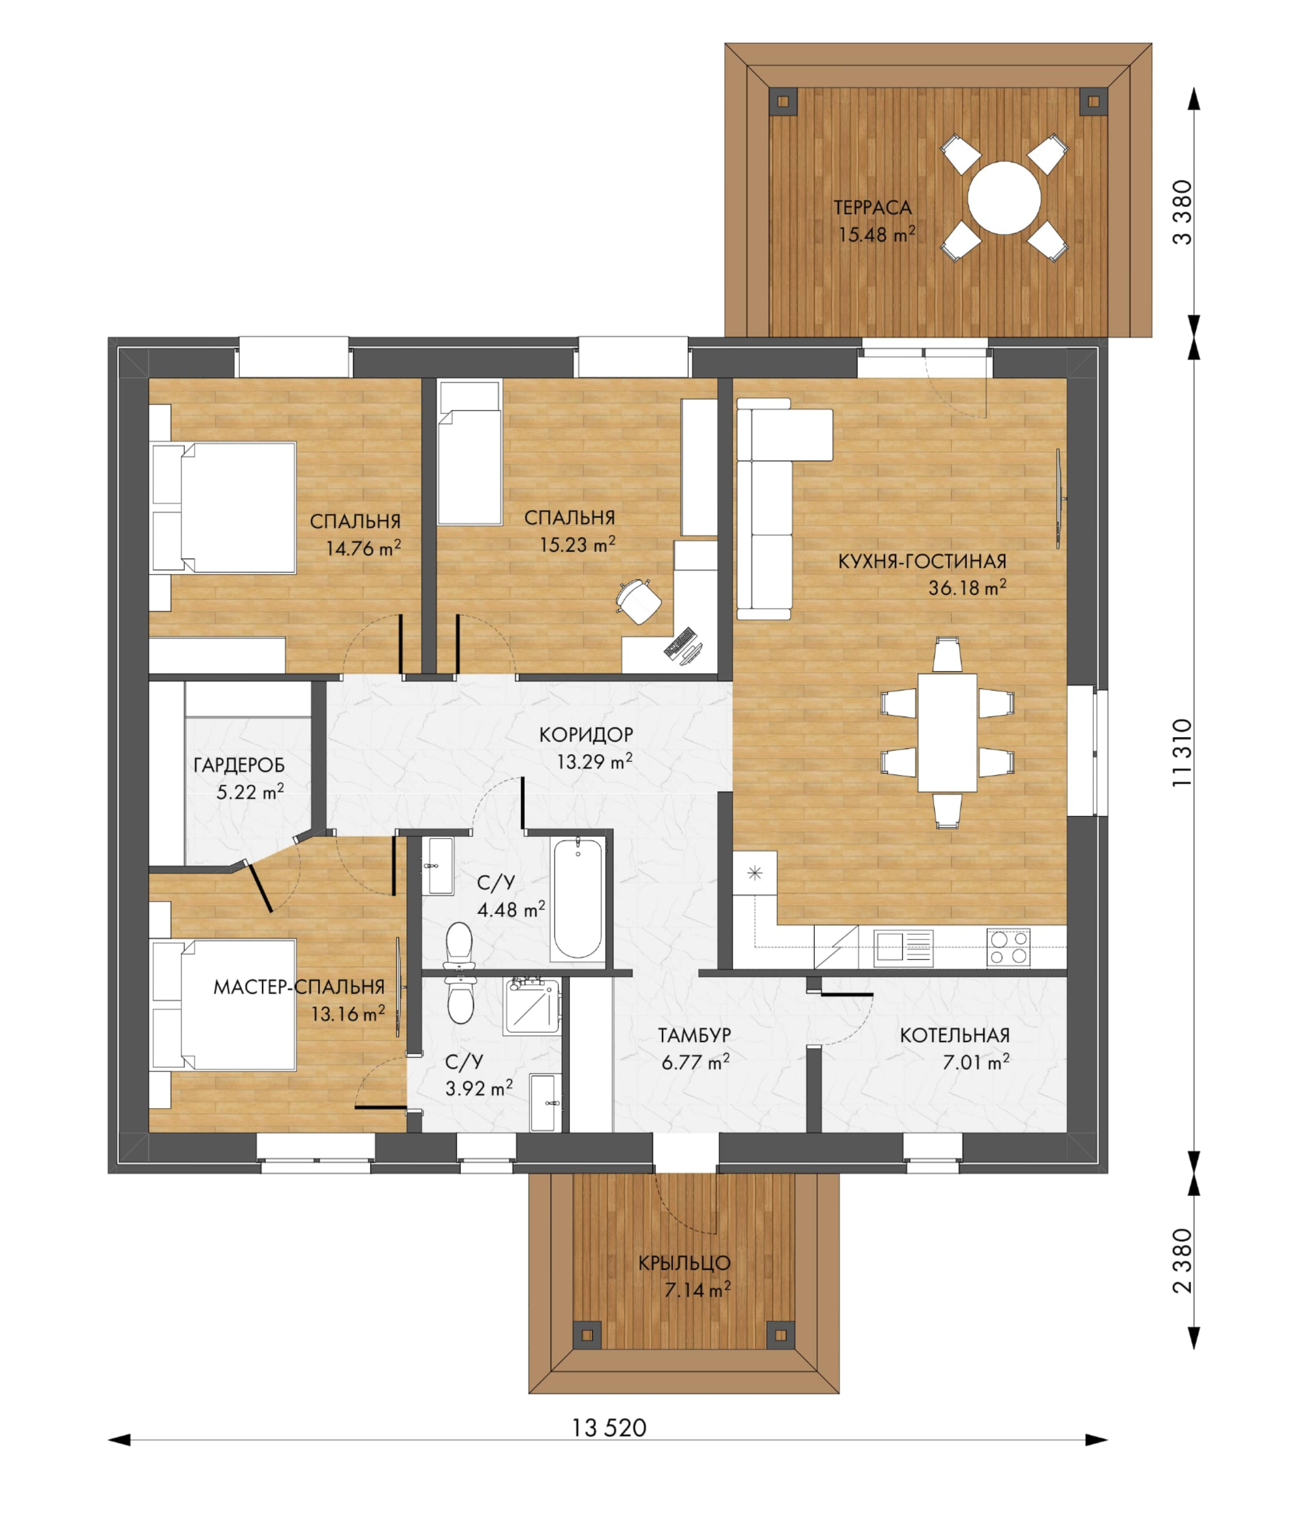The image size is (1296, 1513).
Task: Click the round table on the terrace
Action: [1004, 198]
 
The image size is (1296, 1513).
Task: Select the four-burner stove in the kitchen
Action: [1008, 948]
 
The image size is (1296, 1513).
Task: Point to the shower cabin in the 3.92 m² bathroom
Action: [532, 1007]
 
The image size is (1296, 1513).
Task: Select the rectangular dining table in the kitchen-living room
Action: [947, 733]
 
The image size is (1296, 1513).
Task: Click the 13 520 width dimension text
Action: [609, 1427]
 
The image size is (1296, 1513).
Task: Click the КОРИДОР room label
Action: [586, 735]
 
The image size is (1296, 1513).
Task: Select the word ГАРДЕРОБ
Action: [239, 765]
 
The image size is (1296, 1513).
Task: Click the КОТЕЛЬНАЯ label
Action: [954, 1035]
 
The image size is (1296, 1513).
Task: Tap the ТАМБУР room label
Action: [694, 1035]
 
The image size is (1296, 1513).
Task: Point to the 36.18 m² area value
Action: [967, 587]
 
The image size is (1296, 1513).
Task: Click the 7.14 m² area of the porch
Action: [697, 1290]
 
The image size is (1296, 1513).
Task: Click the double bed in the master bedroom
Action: [223, 1005]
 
